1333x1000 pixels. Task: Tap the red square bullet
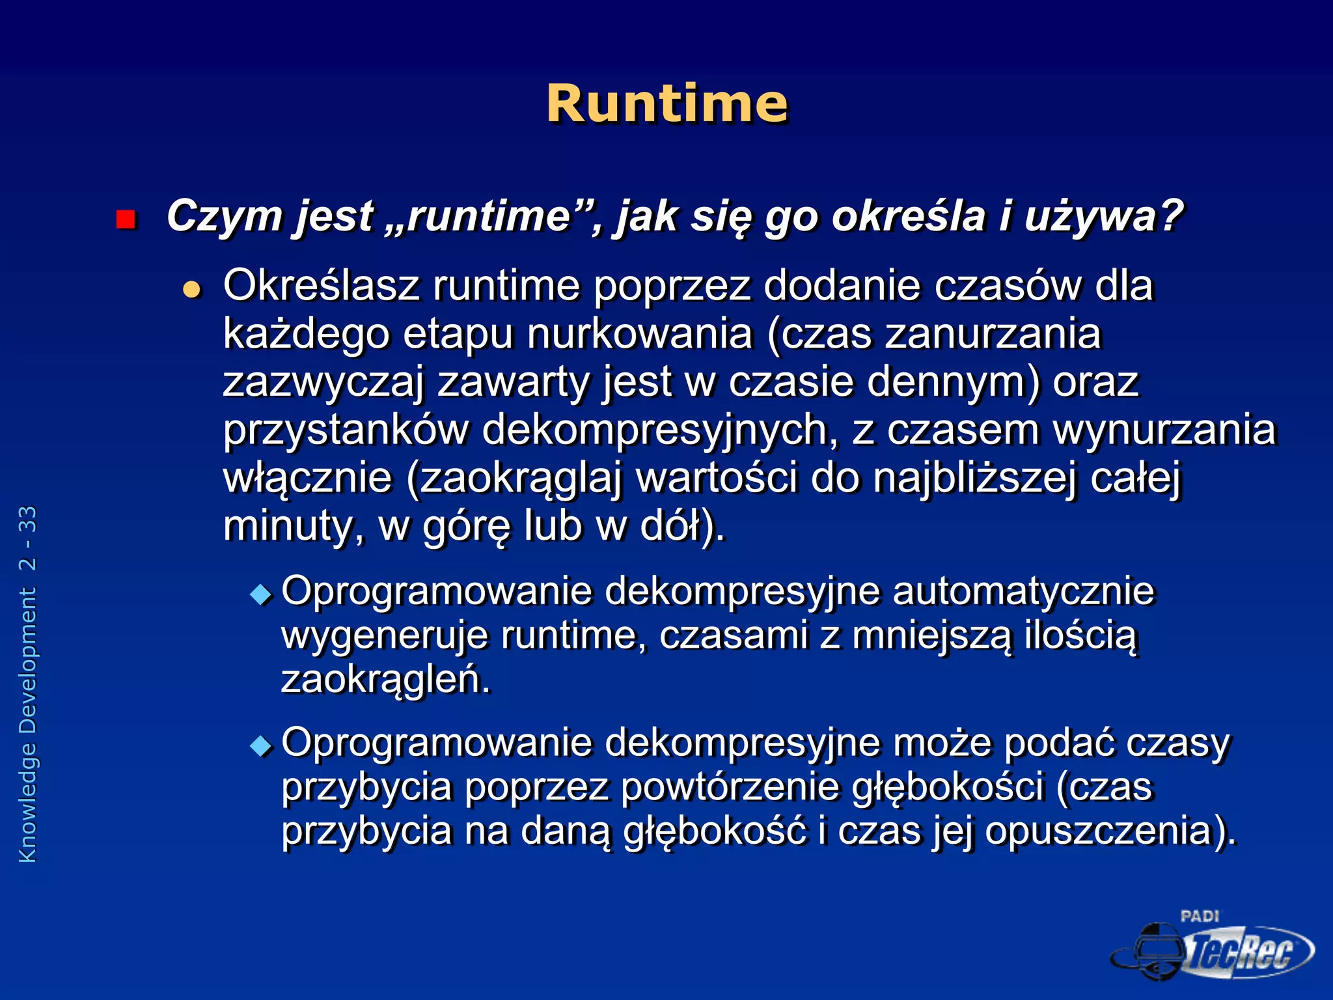click(x=126, y=219)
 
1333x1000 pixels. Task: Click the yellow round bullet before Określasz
click(x=191, y=289)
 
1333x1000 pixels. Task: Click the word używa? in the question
click(x=1103, y=215)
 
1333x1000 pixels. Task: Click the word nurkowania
click(x=639, y=333)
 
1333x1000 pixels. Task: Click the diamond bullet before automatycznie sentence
click(x=261, y=594)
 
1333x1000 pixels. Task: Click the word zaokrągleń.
click(x=385, y=680)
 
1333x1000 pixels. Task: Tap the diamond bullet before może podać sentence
click(x=261, y=745)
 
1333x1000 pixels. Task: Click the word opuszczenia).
click(x=1109, y=831)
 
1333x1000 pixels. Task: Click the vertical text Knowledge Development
click(x=27, y=725)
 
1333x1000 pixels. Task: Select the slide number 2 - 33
click(x=27, y=538)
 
